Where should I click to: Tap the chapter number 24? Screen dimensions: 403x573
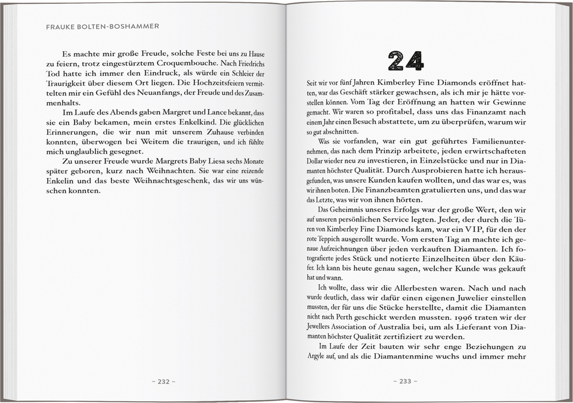click(x=405, y=60)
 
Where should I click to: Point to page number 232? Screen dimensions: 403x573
click(x=163, y=381)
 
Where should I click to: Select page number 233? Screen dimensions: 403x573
click(x=405, y=381)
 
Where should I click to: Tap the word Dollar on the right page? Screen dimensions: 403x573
click(x=316, y=161)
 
